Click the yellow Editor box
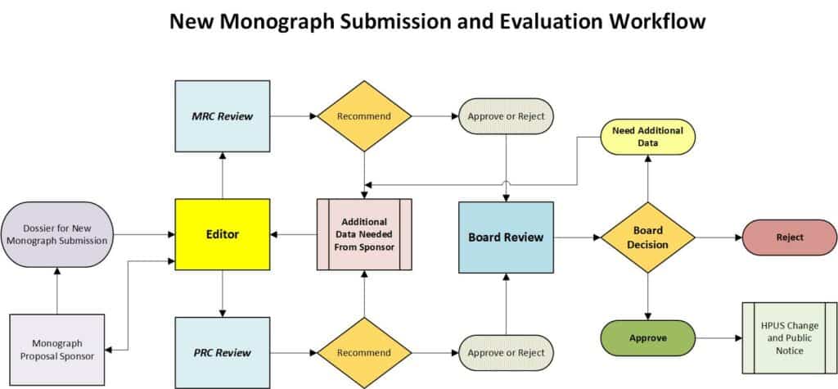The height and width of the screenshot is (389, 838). coord(222,235)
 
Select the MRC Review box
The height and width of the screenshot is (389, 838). coord(222,115)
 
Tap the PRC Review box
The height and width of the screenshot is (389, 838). coord(222,352)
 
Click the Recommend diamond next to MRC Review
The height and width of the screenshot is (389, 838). coord(364,115)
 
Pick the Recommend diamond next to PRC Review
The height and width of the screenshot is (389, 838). coord(364,352)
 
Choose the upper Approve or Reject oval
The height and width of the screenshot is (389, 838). coord(506,115)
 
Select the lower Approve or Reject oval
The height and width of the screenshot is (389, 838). coord(506,352)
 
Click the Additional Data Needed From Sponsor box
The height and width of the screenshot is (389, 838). coord(364,235)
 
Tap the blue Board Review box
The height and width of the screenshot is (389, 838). coord(506,237)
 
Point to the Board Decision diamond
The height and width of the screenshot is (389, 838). coord(648,237)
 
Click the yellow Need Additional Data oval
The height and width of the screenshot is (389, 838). coord(648,137)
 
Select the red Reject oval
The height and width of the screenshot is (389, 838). coord(774,237)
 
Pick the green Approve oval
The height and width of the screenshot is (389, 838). coord(648,337)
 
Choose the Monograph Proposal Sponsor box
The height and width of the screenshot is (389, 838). coord(56,350)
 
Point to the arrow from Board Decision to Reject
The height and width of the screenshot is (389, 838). coord(718,237)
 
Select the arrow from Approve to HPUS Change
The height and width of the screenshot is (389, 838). coord(718,337)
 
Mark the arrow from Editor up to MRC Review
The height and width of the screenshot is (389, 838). coord(222,175)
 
